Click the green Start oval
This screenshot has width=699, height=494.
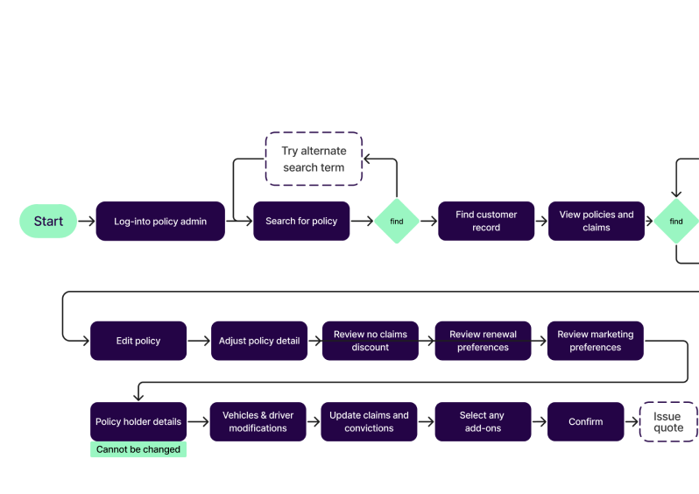click(48, 222)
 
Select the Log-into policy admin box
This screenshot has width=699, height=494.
click(160, 222)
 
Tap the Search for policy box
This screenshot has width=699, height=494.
click(301, 222)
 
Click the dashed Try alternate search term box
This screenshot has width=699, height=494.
click(314, 159)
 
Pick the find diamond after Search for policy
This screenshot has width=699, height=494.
click(397, 222)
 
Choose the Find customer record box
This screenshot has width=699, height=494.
click(486, 222)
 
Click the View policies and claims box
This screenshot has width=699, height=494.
click(597, 222)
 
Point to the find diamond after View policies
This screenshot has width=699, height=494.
click(676, 222)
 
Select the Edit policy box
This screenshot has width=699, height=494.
click(138, 341)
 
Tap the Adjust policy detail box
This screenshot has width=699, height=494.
click(259, 341)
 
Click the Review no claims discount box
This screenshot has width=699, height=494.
click(371, 341)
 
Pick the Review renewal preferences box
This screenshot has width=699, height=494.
click(484, 341)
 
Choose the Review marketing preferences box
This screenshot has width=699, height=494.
click(596, 341)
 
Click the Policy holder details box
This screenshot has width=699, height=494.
click(138, 421)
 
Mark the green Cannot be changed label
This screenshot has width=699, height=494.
click(138, 449)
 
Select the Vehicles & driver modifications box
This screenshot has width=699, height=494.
click(258, 421)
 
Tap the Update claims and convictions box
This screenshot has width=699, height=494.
click(370, 421)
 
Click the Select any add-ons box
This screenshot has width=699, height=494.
click(483, 421)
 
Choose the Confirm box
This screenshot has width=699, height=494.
click(586, 421)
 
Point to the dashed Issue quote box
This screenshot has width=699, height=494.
click(668, 421)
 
